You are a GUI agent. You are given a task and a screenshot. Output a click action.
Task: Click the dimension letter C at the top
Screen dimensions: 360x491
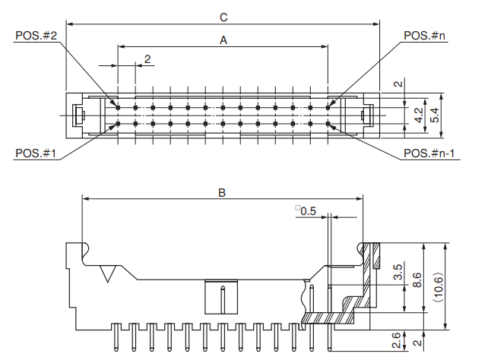click(x=223, y=16)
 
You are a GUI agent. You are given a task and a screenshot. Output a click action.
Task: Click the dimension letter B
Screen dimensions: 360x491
click(x=222, y=193)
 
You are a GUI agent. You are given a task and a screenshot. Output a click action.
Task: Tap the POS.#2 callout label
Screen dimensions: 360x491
click(x=36, y=36)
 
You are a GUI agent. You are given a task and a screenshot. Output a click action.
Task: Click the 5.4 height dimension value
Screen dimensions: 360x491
click(x=435, y=116)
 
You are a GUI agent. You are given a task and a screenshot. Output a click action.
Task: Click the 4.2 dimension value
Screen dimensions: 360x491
click(x=418, y=116)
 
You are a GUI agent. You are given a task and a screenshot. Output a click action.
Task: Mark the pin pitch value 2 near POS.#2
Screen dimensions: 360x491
click(x=147, y=58)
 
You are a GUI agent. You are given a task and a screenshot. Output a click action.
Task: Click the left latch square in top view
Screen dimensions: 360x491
click(x=77, y=116)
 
